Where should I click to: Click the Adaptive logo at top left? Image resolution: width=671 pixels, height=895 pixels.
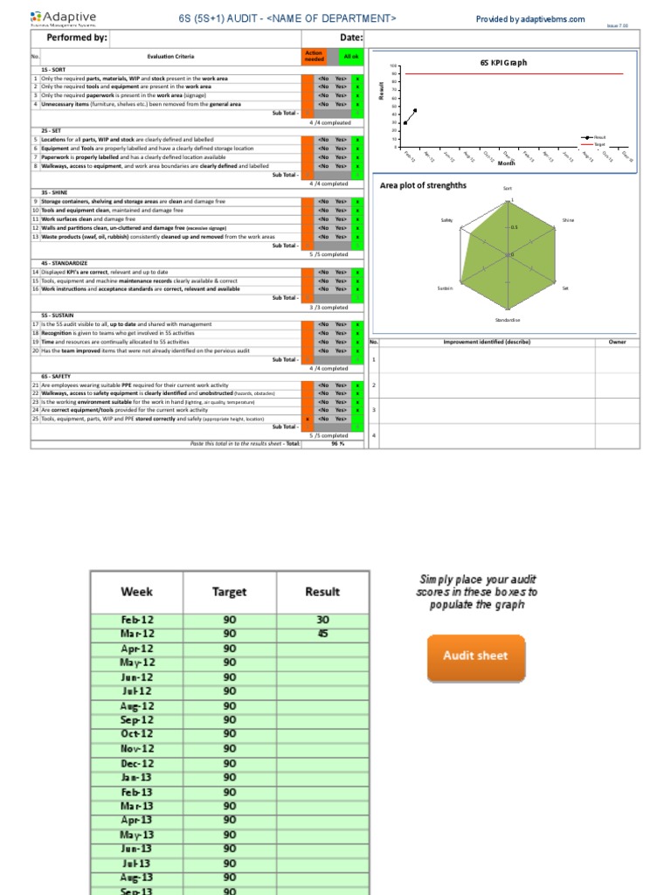63,18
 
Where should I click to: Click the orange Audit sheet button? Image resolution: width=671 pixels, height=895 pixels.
476,656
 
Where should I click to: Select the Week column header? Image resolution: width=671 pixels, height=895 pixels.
136,592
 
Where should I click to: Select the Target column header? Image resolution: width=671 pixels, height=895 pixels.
229,592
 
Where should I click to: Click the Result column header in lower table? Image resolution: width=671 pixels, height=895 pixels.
322,592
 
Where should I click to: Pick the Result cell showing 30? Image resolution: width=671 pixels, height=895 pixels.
322,620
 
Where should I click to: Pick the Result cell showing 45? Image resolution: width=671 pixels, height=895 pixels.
322,634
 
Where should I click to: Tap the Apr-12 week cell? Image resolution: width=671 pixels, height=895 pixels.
136,649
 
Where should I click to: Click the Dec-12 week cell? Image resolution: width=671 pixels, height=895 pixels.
136,763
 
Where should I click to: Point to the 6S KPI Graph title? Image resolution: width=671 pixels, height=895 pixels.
503,63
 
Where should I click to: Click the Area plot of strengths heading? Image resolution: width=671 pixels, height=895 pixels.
423,185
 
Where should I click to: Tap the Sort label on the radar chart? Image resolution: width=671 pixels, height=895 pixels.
507,188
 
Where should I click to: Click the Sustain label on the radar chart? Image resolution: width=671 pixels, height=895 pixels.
445,288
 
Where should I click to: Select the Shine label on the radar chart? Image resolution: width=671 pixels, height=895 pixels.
568,220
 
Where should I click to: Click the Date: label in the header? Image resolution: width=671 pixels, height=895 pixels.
350,38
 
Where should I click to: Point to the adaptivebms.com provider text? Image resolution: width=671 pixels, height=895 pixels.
530,18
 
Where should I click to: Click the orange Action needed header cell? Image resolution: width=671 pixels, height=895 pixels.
313,55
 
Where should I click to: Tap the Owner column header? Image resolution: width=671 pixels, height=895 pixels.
617,342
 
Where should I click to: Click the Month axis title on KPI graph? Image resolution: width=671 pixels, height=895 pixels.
507,163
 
